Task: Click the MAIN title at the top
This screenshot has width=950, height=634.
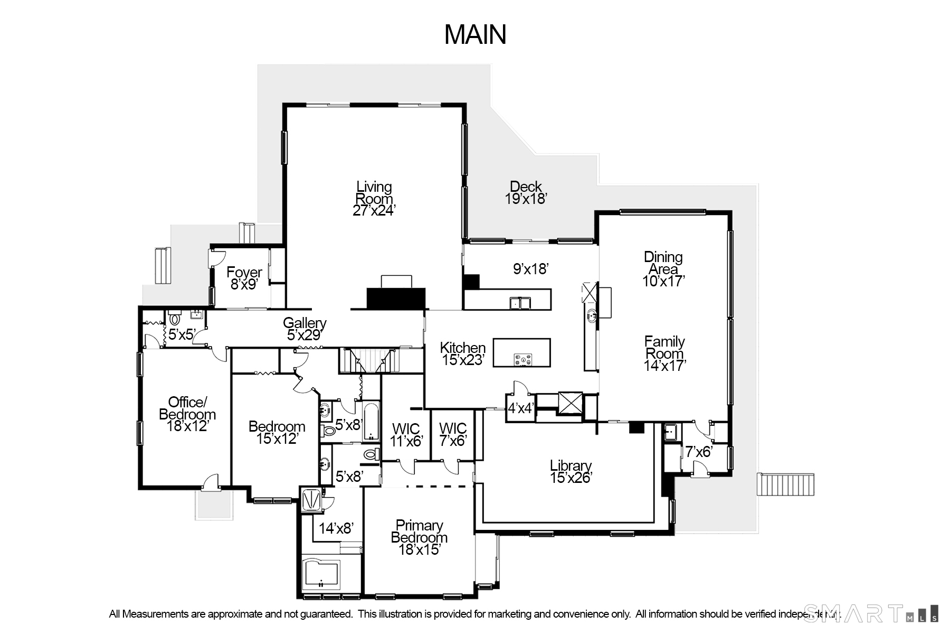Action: pos(475,34)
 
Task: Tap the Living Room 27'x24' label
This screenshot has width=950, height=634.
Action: pos(374,199)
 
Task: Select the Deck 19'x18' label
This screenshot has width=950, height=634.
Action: pos(526,193)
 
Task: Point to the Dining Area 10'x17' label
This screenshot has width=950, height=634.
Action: pos(663,269)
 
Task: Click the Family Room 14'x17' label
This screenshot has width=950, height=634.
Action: pos(664,353)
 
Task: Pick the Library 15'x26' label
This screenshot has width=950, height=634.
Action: pos(571,472)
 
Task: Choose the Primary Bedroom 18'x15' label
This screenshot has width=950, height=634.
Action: pos(419,538)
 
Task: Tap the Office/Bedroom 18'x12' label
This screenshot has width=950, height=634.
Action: pos(187,414)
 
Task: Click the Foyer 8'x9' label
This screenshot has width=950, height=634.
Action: pos(244,278)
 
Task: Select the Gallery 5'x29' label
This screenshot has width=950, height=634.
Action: pos(305,329)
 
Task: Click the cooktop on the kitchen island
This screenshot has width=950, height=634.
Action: pos(523,360)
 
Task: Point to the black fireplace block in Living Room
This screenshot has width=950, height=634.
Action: pos(396,299)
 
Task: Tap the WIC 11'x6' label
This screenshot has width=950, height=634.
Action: pos(406,435)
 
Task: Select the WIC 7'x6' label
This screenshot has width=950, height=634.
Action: pos(453,434)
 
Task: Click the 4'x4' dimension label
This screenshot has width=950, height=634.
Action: pos(521,408)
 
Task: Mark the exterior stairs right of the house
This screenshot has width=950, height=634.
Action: pos(786,484)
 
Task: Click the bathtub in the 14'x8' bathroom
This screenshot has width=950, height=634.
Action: pos(321,576)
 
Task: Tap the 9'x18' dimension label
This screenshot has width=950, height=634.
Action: pos(531,269)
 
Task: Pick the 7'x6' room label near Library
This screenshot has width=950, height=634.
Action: pos(699,452)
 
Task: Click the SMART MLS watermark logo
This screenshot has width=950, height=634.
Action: pos(871,613)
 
